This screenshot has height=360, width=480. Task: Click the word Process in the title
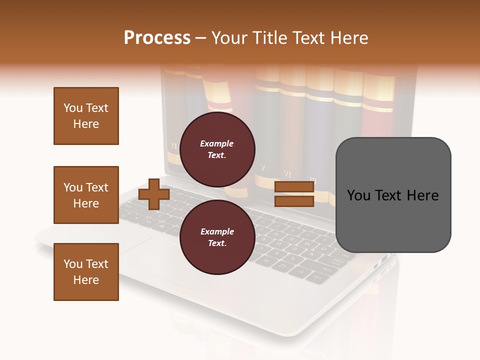click(x=157, y=38)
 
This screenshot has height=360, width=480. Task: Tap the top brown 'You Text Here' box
click(x=86, y=116)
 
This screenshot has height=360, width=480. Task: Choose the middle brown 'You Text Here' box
click(x=86, y=195)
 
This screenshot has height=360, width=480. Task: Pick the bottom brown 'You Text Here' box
click(x=86, y=272)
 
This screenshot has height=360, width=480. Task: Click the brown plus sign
click(x=153, y=194)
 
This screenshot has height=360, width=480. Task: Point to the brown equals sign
click(x=294, y=194)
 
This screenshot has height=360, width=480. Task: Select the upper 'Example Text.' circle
click(x=217, y=149)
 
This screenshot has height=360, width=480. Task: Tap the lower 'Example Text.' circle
click(x=217, y=237)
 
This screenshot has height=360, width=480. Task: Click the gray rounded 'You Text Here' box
click(x=393, y=195)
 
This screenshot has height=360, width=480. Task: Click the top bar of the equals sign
click(x=294, y=187)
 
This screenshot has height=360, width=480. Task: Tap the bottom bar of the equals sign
click(x=294, y=201)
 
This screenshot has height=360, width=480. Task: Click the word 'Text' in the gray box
click(x=392, y=195)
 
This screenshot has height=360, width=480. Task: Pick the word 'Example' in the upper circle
click(x=217, y=143)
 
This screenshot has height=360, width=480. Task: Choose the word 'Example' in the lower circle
click(x=217, y=231)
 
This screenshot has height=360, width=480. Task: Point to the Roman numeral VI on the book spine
click(x=287, y=174)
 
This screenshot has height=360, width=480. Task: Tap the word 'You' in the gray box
click(x=359, y=195)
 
